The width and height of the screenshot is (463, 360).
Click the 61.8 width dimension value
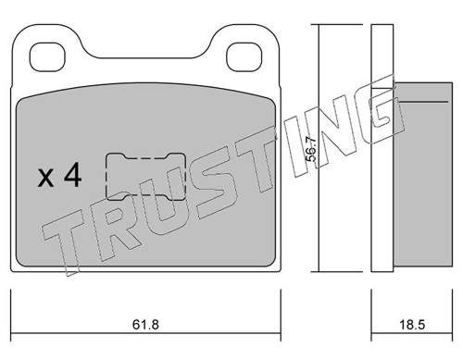tap(145, 325)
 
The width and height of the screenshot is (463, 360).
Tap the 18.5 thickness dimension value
tap(412, 325)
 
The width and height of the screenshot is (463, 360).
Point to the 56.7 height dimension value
tap(311, 149)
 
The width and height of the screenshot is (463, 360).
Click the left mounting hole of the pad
tap(47, 57)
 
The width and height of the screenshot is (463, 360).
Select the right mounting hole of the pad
tap(244, 57)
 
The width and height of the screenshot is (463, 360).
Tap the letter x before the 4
tap(45, 179)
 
